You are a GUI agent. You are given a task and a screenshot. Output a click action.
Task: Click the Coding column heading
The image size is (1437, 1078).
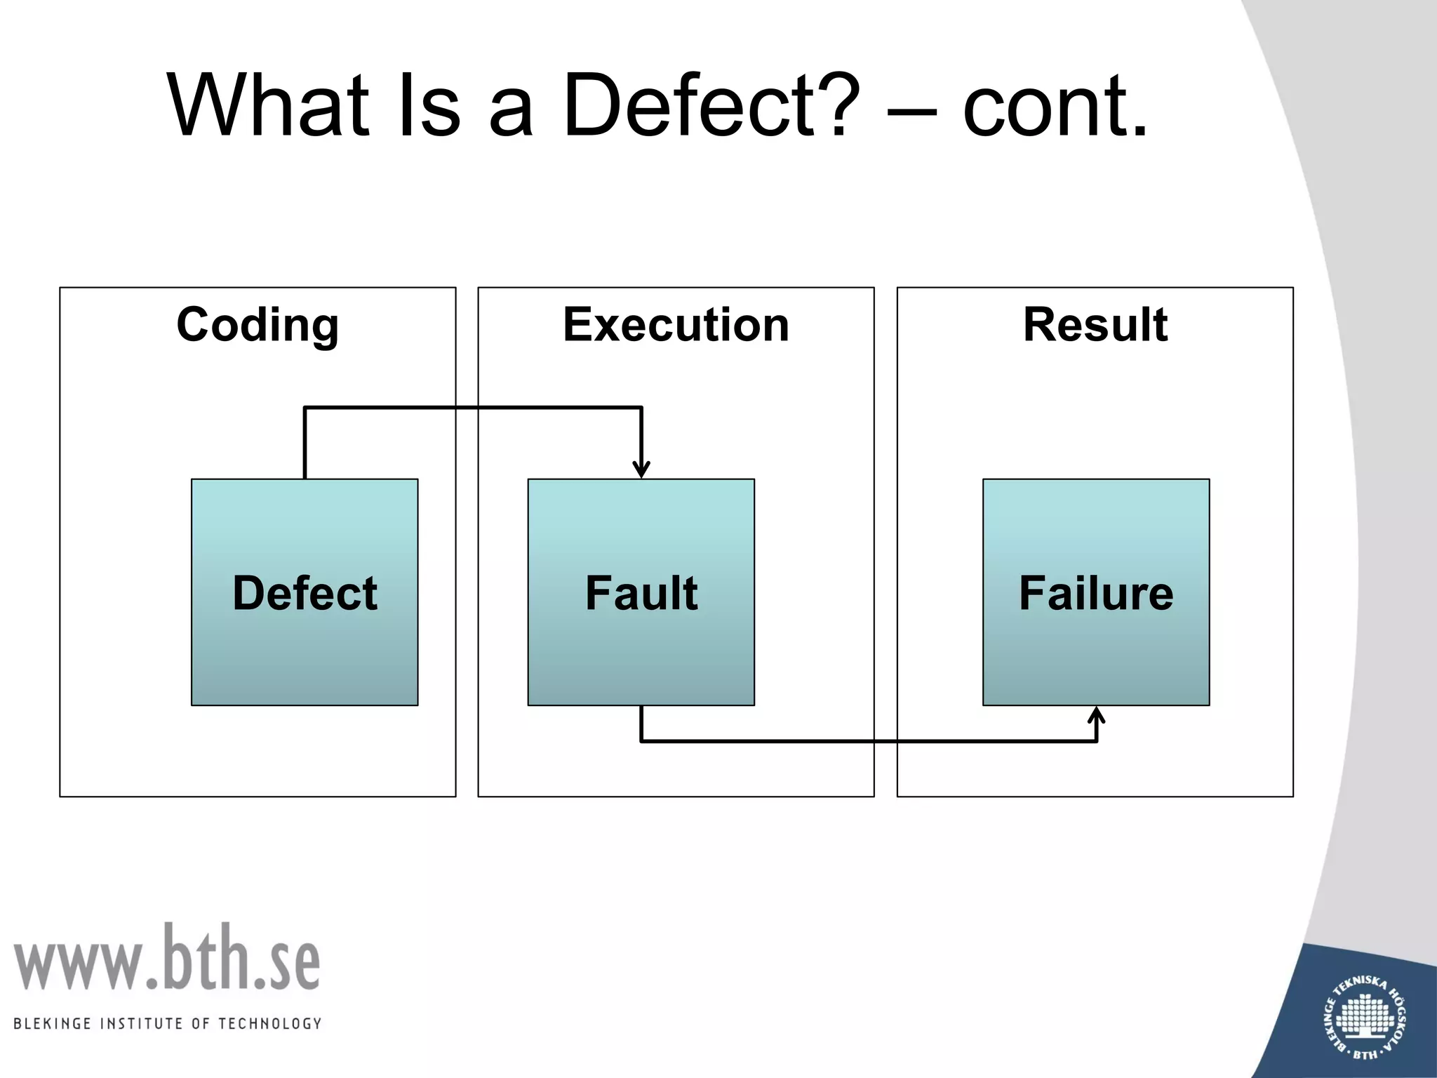point(258,325)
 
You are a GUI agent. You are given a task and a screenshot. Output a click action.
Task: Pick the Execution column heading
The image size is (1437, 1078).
point(676,325)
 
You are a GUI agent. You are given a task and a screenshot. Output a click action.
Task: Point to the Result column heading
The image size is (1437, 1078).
point(1095,325)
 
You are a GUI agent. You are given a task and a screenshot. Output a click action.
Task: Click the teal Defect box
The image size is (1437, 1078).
point(305,592)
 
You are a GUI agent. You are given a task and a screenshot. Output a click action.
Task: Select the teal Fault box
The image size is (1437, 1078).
point(641,592)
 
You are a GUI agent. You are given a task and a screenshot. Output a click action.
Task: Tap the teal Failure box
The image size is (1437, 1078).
point(1096,592)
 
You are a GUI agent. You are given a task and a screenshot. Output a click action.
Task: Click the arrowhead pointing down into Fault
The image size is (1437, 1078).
point(641,470)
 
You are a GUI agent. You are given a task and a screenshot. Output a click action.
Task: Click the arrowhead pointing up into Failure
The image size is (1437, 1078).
point(1096,717)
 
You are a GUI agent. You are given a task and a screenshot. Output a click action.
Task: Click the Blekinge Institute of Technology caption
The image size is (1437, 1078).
point(167,1023)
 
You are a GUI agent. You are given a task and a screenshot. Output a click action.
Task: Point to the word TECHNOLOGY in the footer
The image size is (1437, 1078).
point(270,1023)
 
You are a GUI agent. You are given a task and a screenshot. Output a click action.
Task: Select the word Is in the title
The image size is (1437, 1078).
point(429,107)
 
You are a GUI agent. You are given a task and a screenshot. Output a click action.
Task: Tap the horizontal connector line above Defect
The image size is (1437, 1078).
point(473,407)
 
